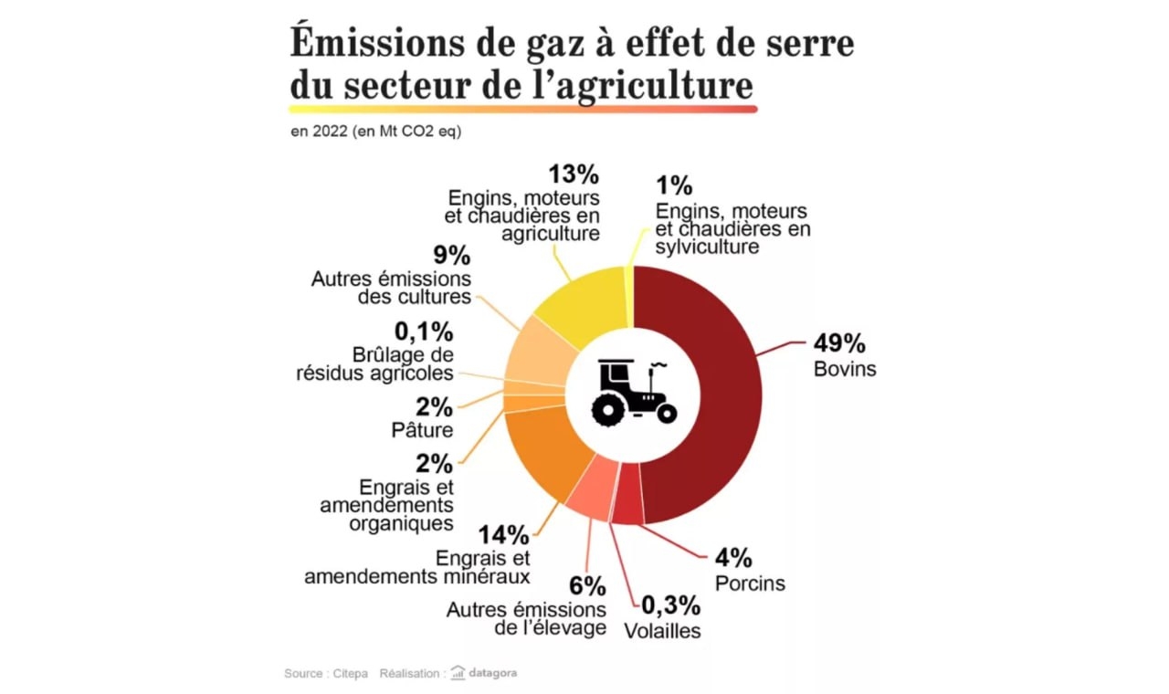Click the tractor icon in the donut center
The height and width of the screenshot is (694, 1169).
click(633, 393)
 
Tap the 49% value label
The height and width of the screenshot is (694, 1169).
click(838, 344)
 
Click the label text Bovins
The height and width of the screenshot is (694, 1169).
click(844, 369)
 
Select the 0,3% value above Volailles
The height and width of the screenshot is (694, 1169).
click(670, 605)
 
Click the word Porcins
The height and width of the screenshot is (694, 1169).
click(750, 583)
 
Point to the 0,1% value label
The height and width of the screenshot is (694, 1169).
click(424, 331)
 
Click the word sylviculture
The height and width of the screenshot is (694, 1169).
click(706, 247)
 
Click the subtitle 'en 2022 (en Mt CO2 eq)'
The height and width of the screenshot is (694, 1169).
click(376, 131)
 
